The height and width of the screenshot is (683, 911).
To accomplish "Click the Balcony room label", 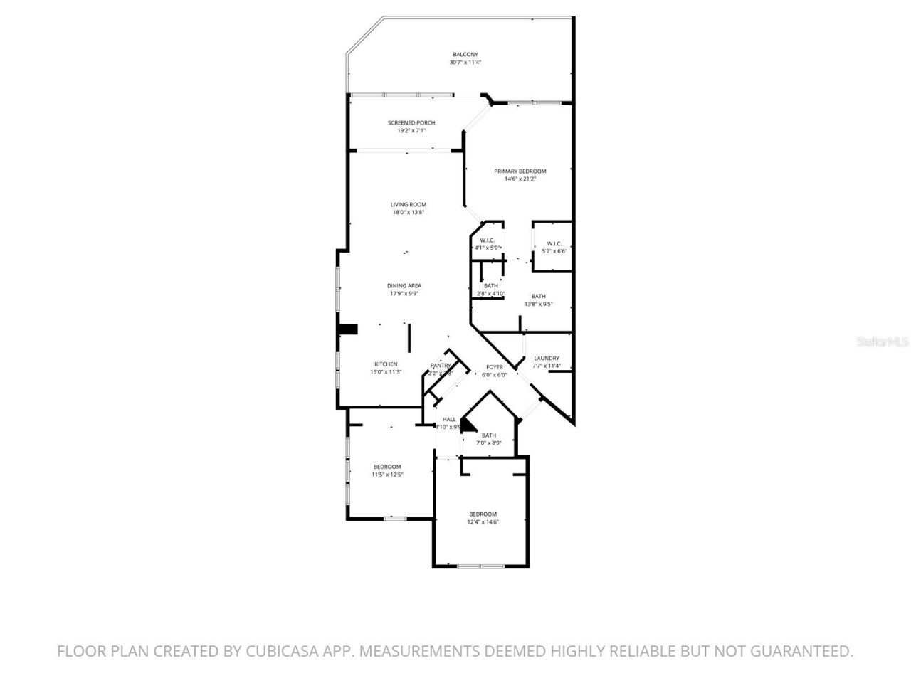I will (x=465, y=55).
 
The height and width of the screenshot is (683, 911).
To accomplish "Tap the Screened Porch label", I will (x=411, y=123).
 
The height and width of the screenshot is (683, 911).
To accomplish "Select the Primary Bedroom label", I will (x=520, y=171).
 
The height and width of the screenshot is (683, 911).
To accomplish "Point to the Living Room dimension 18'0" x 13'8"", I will (x=409, y=213).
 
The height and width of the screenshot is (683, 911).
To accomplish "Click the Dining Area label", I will (x=404, y=286).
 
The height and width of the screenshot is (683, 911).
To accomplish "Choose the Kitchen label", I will (x=386, y=364).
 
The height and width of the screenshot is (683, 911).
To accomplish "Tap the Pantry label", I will (x=441, y=366).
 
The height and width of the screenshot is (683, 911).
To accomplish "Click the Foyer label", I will (x=494, y=367).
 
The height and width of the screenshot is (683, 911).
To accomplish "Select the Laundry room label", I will (x=547, y=359).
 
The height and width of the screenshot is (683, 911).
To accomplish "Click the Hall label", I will (x=449, y=420).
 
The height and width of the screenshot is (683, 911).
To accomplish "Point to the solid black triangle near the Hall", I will (x=468, y=425).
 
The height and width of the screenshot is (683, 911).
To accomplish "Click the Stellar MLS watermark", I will (x=883, y=341).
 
